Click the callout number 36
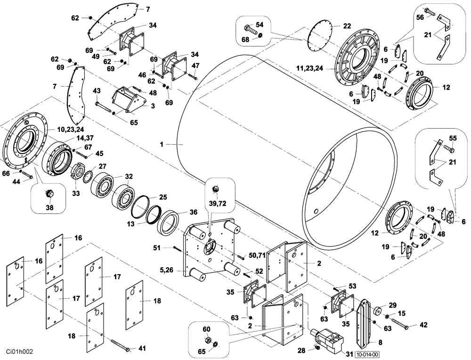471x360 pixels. tap(193, 212)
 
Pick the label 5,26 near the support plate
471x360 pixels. tap(166, 270)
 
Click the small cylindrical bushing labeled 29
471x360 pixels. tap(377, 312)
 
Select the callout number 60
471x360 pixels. tap(206, 330)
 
